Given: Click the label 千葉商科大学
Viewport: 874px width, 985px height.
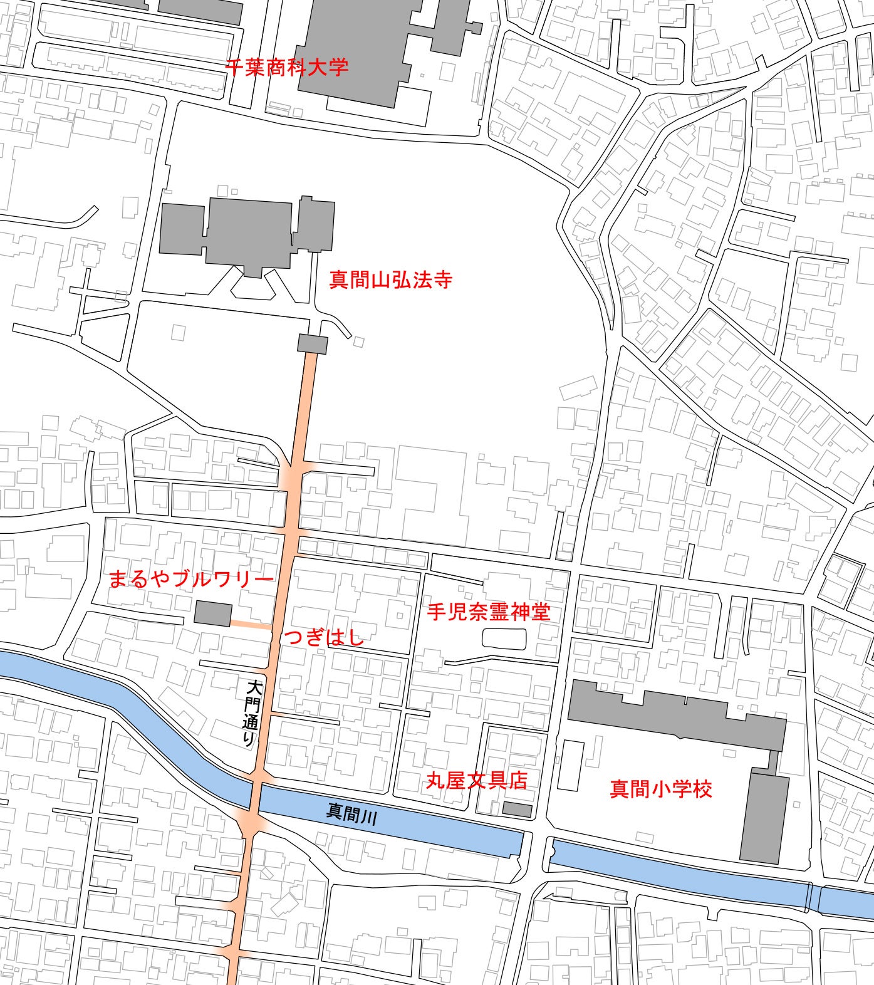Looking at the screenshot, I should point(286,67).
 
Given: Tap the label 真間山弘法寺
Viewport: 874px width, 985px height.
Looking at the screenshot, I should point(390,279).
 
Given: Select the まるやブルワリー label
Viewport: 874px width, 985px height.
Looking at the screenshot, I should point(191,579).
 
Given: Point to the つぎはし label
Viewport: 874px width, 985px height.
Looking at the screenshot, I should point(324,638).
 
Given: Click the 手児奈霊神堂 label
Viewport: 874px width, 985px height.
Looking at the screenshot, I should point(489,612).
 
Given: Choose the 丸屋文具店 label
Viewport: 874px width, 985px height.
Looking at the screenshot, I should point(476,780).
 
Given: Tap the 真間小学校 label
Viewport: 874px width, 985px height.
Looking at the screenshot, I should point(661,788).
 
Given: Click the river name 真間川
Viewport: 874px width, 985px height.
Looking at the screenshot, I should point(351,814).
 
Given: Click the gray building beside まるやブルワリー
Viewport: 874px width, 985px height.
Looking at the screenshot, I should point(212,613).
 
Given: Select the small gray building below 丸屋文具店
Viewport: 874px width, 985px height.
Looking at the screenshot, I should point(518,810).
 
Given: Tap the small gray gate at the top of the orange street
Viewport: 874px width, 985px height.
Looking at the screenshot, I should point(312,344).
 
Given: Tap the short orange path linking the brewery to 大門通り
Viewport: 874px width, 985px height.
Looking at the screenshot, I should point(251,624).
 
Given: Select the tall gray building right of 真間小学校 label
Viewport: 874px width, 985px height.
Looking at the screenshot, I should point(764,818).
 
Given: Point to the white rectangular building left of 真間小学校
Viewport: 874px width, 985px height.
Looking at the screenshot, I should point(570,765).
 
